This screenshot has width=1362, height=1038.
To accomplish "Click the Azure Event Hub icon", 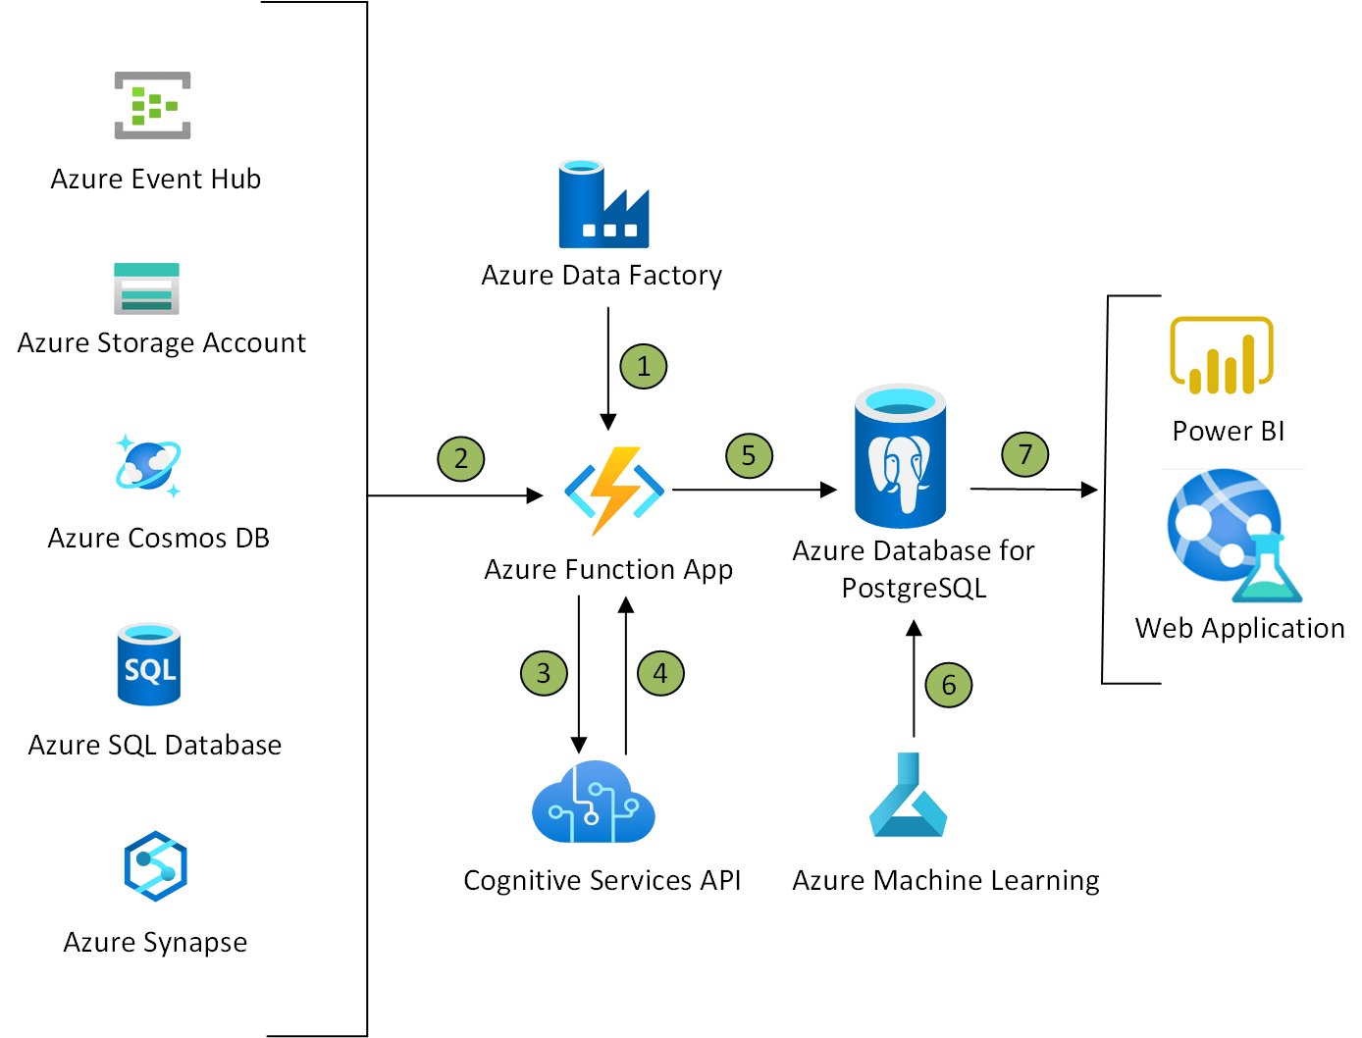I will [152, 105].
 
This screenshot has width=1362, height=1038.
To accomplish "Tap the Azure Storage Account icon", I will [146, 288].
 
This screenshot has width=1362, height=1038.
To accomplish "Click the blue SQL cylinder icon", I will [149, 664].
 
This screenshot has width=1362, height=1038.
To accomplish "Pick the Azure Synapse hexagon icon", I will [155, 866].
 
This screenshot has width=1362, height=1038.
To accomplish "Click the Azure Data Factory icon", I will [603, 204].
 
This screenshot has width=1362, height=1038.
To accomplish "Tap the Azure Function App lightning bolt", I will [614, 491].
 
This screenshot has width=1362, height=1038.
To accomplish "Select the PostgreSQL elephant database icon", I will [900, 457].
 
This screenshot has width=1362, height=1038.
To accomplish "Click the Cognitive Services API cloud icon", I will [593, 803].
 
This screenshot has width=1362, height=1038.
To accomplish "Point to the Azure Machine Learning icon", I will [908, 796].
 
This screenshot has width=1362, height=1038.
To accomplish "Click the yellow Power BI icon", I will [1221, 355].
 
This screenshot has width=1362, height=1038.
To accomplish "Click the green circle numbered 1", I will [644, 367].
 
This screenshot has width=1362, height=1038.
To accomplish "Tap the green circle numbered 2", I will [461, 458].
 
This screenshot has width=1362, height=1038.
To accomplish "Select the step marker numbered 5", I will [749, 455].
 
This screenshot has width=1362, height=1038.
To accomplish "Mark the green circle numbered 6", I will [949, 685].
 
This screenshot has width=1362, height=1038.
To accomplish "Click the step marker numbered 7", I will [1025, 454].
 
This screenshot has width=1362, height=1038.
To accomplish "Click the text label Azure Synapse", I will [155, 943].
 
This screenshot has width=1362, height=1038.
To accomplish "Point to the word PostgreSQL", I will [914, 589].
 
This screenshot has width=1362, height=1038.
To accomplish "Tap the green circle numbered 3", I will [544, 673].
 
